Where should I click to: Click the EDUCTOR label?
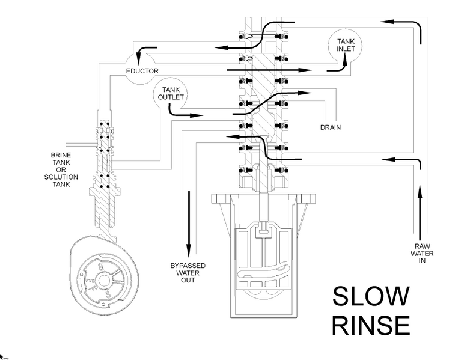[142, 72]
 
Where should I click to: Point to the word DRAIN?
[331, 127]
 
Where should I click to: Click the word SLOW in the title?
[370, 296]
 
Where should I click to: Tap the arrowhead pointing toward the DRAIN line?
[306, 93]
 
